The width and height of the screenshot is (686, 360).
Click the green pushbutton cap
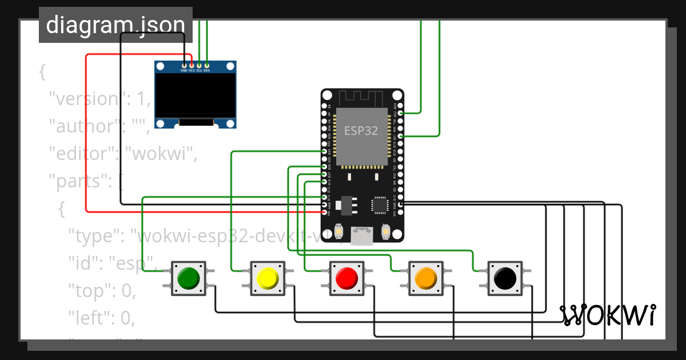188,278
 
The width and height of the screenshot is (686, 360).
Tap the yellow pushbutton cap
267,278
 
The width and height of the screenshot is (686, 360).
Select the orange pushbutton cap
425,278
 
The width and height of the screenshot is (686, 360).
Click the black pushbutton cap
504,278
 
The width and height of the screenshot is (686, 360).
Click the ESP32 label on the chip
361,130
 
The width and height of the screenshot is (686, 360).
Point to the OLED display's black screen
195,95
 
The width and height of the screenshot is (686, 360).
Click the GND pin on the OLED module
184,65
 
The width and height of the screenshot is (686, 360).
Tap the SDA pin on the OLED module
206,65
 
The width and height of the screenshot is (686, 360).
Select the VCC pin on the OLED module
192,65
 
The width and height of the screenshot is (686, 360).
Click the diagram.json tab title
115,25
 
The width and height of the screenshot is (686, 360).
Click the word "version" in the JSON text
83,99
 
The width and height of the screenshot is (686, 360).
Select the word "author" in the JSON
81,126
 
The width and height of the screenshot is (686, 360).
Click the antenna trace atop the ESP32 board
362,98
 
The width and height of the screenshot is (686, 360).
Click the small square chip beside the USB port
380,205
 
